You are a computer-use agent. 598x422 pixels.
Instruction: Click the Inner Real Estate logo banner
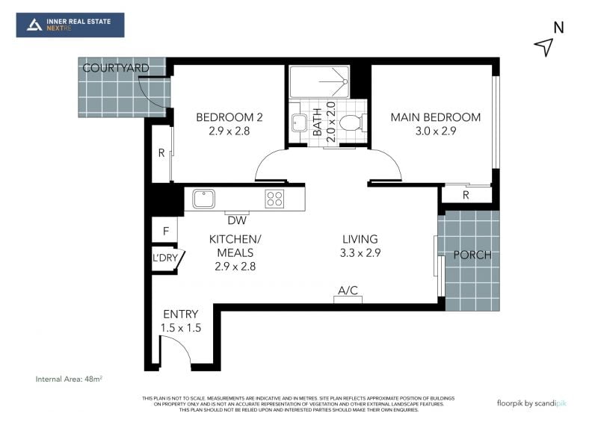[70, 25]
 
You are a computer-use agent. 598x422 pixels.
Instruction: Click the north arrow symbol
[545, 46]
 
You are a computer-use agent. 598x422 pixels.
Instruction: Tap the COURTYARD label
[116, 68]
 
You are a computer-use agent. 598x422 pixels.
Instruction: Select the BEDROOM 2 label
[229, 117]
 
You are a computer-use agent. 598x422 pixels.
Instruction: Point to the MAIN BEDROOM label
[436, 117]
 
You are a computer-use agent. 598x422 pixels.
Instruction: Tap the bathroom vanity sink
[298, 122]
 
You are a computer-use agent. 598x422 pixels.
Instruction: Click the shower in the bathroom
[319, 81]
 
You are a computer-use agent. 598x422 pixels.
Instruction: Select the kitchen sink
[203, 199]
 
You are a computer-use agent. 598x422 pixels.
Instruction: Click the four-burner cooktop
[274, 199]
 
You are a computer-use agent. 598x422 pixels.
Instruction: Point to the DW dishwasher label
[237, 220]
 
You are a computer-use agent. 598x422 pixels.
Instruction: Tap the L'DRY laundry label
[165, 258]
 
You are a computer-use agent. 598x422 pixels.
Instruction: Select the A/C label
[348, 291]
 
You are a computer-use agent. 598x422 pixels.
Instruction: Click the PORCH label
[472, 255]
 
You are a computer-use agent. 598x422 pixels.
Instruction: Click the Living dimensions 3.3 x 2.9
[360, 252]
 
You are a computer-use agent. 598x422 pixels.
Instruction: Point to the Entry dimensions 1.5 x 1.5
[181, 328]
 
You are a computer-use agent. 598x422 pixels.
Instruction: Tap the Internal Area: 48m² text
[69, 379]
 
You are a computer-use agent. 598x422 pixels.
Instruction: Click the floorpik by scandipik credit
[531, 403]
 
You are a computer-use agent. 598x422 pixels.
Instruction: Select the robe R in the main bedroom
[466, 195]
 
